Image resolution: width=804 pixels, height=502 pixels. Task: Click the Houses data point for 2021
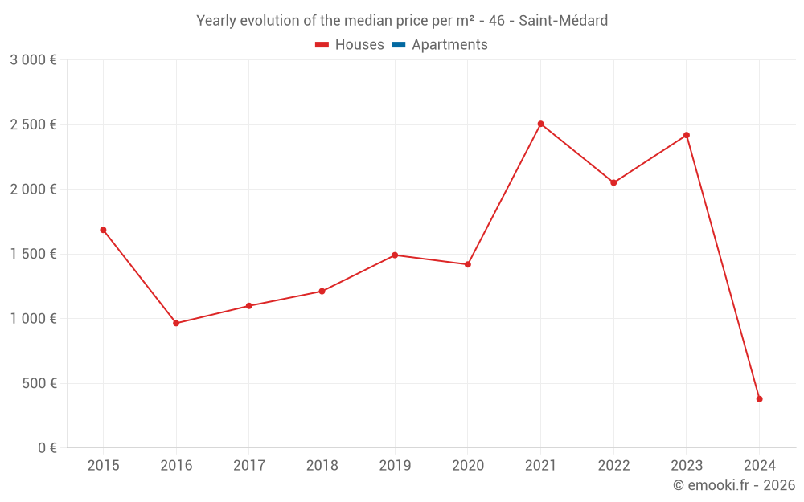[x=540, y=124]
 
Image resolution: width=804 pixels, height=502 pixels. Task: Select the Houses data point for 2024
[x=759, y=399]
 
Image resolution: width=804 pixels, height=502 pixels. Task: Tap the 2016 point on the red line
[x=176, y=323]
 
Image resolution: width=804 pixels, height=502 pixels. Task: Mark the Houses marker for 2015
[x=103, y=230]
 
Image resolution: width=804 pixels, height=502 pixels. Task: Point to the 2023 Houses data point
[x=687, y=135]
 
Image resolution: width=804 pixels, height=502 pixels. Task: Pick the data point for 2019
[x=395, y=255]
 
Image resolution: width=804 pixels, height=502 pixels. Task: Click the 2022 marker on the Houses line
[x=613, y=182]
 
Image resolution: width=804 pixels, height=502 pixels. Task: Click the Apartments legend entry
[x=449, y=45]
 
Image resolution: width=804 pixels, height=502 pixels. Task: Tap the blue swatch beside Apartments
[x=398, y=45]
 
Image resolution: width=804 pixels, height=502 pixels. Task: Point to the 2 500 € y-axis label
[x=33, y=124]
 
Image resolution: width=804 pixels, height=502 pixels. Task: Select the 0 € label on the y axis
[x=47, y=447]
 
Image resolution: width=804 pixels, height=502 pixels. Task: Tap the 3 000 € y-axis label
[x=33, y=60]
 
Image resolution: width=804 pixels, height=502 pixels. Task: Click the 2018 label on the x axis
[x=322, y=465]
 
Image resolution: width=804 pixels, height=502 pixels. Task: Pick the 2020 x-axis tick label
[x=467, y=465]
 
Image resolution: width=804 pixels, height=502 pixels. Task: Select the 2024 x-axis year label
[x=759, y=465]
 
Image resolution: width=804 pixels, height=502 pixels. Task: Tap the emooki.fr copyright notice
[x=733, y=485]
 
